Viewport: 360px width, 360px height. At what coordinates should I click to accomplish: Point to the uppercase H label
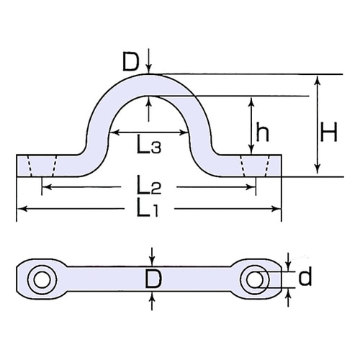tap(330, 131)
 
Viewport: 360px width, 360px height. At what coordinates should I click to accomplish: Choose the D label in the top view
tap(152, 279)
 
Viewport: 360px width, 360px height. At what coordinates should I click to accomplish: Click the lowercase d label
tap(305, 277)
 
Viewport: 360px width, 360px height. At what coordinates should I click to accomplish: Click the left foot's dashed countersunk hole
tap(40, 166)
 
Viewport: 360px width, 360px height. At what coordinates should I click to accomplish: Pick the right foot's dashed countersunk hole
tap(256, 166)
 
